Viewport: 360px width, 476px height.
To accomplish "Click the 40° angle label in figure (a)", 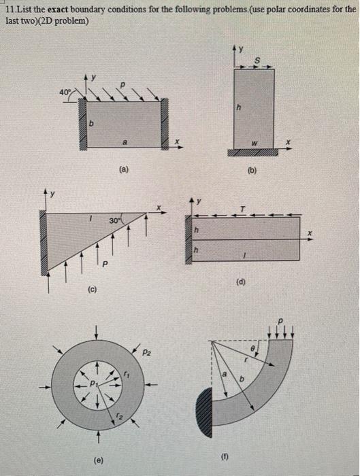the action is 65,92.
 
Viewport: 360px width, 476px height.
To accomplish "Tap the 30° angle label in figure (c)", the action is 114,221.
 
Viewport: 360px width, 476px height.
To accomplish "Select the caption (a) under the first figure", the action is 124,170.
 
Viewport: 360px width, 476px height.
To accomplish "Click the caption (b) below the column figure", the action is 252,170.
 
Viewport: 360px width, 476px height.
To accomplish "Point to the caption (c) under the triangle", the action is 92,290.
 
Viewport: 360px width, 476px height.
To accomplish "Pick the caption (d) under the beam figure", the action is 241,282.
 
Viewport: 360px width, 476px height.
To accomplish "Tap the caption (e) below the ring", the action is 99,460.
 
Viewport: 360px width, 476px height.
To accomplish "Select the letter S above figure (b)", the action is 257,61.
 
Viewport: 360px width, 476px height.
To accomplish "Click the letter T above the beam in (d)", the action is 242,209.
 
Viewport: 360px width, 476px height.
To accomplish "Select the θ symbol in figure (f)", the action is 252,350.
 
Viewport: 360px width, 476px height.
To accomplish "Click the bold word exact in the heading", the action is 58,9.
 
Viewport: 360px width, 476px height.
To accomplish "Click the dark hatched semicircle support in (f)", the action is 204,412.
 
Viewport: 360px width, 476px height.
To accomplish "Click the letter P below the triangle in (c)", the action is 105,265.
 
